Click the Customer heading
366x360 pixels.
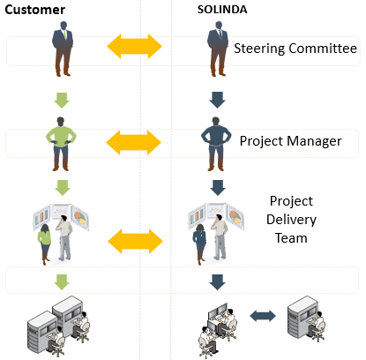(35, 10)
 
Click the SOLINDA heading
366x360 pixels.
(222, 10)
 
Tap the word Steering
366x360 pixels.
(259, 49)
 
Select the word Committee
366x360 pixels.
(323, 48)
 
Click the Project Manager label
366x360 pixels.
(291, 141)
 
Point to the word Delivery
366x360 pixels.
(291, 220)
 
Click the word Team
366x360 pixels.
(291, 238)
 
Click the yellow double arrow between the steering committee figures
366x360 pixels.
(134, 47)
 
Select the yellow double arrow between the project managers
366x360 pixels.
(134, 143)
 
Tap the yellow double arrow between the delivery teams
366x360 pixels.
(136, 242)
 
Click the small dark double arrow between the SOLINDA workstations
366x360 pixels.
(263, 316)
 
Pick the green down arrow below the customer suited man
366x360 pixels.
(62, 101)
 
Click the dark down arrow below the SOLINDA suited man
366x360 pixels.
(218, 101)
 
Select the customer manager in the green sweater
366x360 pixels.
(61, 144)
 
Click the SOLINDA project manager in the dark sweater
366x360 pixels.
(216, 144)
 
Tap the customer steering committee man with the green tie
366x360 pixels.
(63, 49)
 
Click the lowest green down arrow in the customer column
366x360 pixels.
(62, 282)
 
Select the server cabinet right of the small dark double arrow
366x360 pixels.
(303, 318)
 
